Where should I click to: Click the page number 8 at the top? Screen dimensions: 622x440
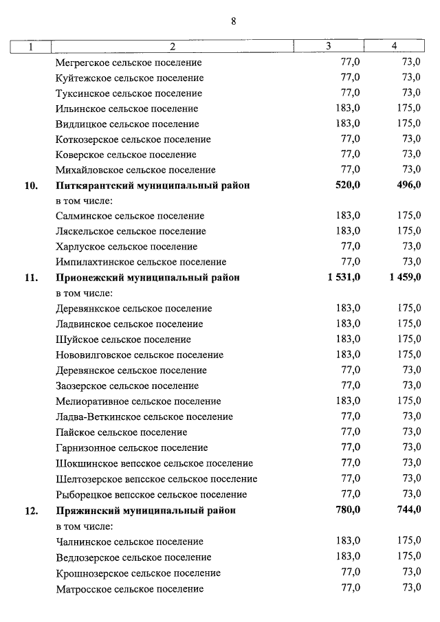coord(233,21)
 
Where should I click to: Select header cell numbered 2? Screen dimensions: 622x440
coord(173,47)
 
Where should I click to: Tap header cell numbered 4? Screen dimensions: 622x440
coord(394,46)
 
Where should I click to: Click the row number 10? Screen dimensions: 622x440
coord(30,186)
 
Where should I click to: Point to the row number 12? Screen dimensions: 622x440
coord(30,511)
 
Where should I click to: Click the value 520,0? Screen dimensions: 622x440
coord(347,186)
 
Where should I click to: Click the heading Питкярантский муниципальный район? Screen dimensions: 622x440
coord(152,186)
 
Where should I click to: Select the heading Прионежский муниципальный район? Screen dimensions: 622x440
coord(148,278)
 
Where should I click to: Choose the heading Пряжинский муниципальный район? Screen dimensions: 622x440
coord(145,511)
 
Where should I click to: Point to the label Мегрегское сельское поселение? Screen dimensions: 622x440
coord(129,63)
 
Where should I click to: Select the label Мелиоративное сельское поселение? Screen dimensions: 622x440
coord(138,401)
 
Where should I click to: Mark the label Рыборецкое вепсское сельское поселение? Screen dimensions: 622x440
coord(151,494)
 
